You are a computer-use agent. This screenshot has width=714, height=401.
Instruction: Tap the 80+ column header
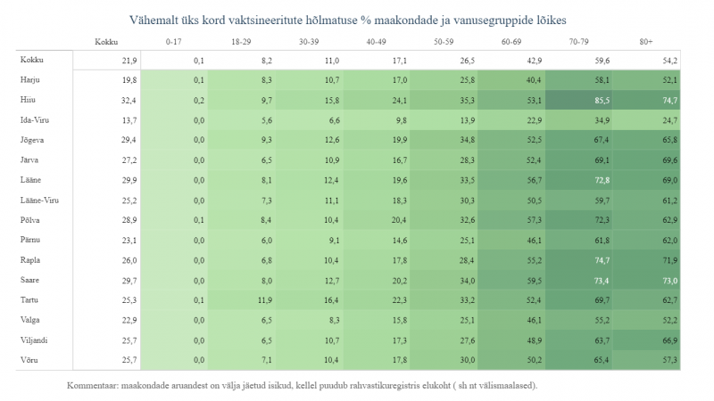(645, 42)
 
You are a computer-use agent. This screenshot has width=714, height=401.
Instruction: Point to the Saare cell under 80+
(668, 280)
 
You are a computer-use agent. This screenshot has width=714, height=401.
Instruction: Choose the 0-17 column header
(175, 42)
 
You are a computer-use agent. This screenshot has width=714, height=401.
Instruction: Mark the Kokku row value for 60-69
(534, 61)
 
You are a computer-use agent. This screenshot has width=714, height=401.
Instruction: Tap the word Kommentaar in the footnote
(94, 386)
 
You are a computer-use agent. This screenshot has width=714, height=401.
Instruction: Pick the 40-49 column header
(376, 42)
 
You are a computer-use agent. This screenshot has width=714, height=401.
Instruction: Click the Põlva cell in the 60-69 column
(534, 220)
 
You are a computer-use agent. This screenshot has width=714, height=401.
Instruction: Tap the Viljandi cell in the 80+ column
(668, 340)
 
